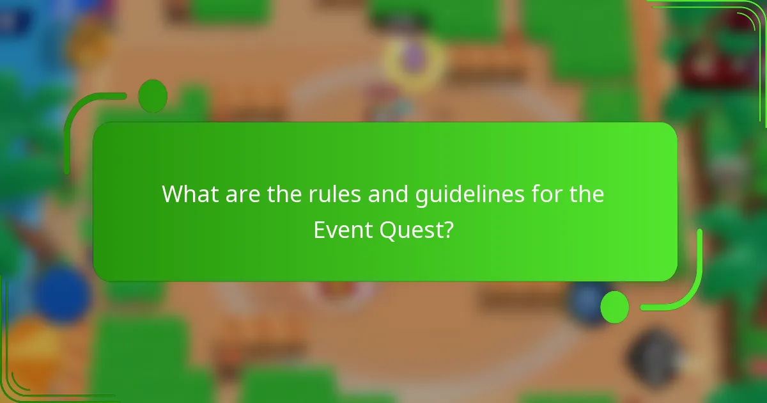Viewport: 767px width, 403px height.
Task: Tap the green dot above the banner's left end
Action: click(x=152, y=96)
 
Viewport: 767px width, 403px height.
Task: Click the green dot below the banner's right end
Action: click(x=615, y=306)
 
